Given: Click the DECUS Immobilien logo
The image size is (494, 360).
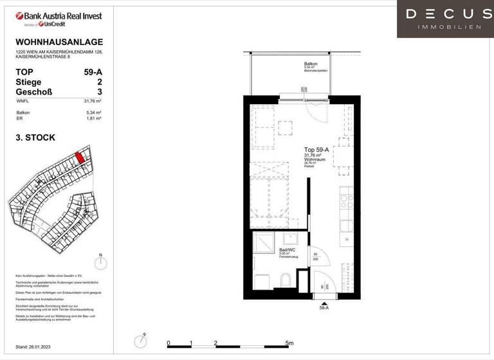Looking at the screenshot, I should [x=445, y=19].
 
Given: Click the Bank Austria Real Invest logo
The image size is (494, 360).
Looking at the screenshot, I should [x=59, y=18].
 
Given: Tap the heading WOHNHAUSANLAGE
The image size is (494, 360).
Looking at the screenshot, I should [x=59, y=42].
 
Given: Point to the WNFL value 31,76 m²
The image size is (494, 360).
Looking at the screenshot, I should [x=95, y=101].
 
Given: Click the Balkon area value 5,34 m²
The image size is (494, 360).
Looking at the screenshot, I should [x=96, y=113].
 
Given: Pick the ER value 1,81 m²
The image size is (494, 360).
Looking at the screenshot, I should [x=96, y=119].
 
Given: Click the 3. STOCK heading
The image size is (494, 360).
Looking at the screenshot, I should [x=35, y=138].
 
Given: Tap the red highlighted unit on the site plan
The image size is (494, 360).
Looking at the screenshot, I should [x=80, y=157].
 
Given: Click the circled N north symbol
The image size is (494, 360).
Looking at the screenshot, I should [x=100, y=262].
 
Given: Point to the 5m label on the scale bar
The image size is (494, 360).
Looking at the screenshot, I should [x=289, y=343].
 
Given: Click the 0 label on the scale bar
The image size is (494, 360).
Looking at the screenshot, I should [x=168, y=343].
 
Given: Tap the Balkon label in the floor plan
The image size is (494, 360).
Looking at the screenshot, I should [x=311, y=64].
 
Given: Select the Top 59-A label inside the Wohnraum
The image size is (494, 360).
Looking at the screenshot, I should [x=316, y=149].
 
